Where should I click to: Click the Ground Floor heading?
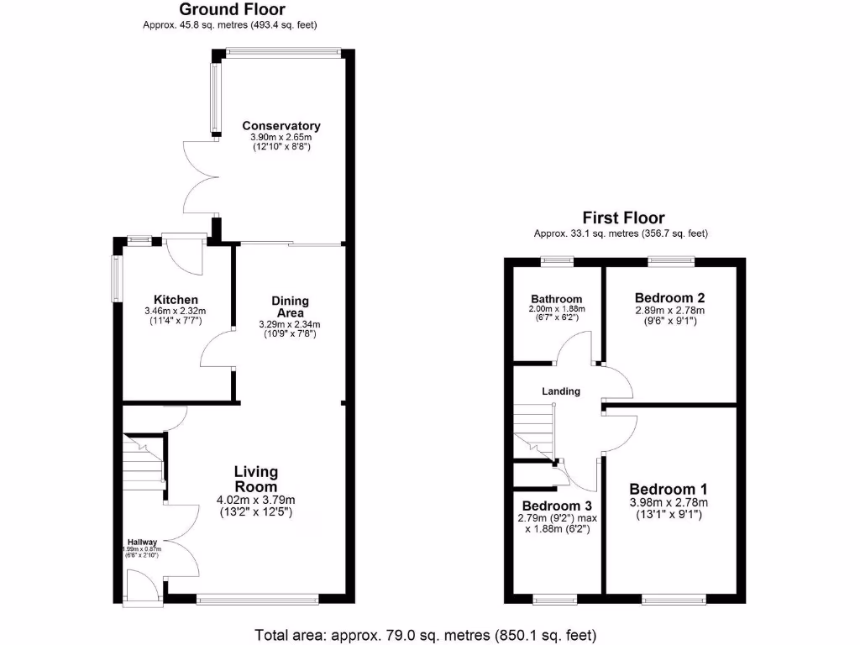pos(232,10)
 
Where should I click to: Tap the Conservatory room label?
pos(281,126)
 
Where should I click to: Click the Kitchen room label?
pos(176,300)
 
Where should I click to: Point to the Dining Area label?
pos(291,307)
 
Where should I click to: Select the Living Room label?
pos(255,479)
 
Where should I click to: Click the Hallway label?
pos(142,542)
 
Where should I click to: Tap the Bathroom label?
pos(556,299)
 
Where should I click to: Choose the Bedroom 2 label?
pos(669,297)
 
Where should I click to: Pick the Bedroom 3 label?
pos(558,506)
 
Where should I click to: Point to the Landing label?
pos(560,391)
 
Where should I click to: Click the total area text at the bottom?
pos(425,634)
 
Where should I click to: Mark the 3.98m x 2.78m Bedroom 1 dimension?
pos(669,503)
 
